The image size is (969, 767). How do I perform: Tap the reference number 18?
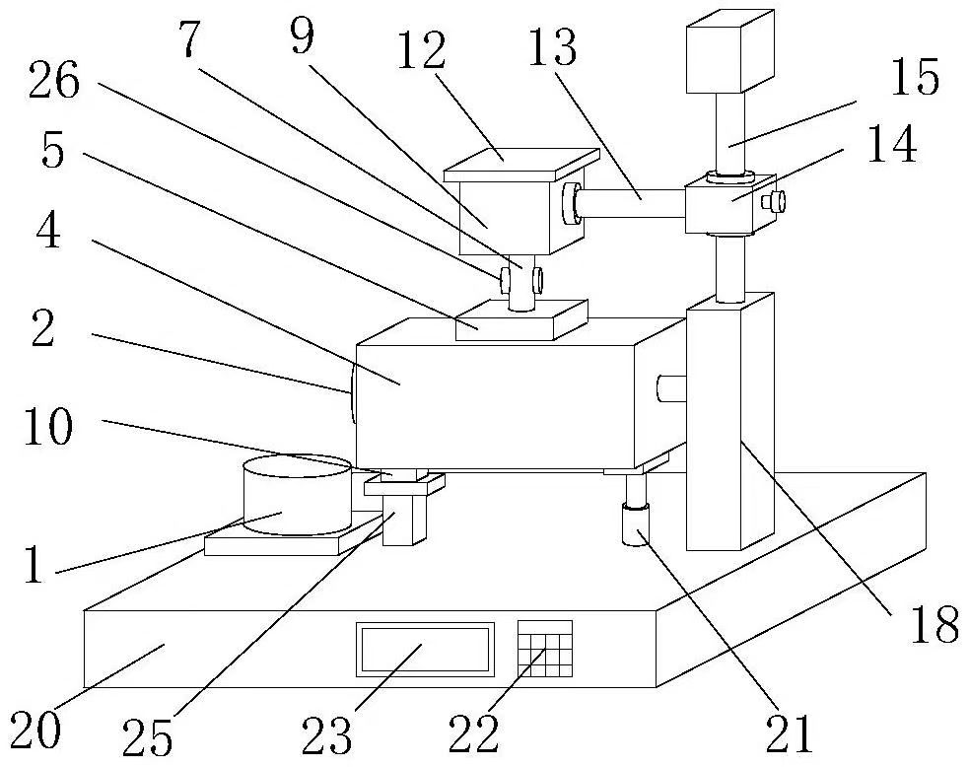click(935, 625)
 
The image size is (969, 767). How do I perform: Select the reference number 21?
click(790, 733)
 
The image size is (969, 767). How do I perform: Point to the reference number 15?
click(915, 77)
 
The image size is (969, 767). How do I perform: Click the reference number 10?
click(49, 427)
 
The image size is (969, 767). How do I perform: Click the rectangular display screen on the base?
click(425, 649)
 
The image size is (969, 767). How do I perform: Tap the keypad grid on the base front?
click(545, 649)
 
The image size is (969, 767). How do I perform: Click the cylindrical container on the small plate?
click(298, 496)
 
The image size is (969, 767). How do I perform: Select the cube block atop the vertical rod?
click(730, 51)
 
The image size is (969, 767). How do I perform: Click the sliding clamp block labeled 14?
click(730, 203)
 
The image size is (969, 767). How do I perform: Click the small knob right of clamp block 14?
click(775, 201)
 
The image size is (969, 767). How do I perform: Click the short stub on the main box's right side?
click(671, 388)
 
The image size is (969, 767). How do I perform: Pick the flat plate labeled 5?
click(521, 320)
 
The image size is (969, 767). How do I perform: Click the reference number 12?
click(421, 51)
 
